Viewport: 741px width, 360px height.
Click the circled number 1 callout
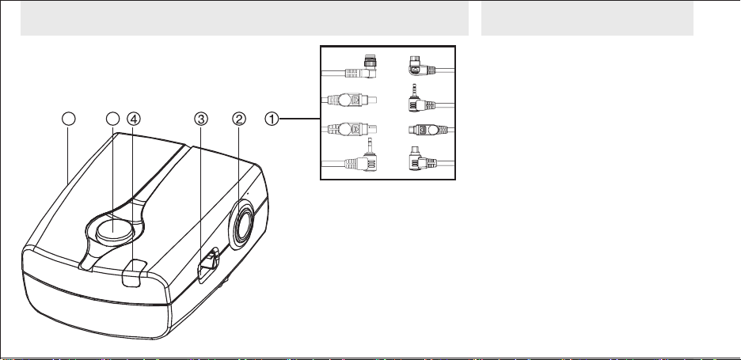[272, 119]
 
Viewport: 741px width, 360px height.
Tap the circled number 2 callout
[238, 119]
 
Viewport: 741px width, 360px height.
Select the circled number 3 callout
[201, 119]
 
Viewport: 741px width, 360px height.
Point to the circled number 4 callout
[134, 119]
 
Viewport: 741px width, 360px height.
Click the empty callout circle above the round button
[112, 119]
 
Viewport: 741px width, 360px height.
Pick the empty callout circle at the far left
[69, 119]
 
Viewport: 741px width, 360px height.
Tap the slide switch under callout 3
[208, 266]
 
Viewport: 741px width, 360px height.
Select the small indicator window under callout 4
[135, 273]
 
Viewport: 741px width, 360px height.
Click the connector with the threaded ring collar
[362, 67]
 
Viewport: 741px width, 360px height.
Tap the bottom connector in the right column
[423, 159]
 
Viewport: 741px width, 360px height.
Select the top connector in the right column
[423, 66]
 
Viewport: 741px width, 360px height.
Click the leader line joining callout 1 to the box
[299, 119]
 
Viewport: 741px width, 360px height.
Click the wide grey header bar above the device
[245, 18]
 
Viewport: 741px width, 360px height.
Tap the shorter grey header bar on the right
[587, 18]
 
